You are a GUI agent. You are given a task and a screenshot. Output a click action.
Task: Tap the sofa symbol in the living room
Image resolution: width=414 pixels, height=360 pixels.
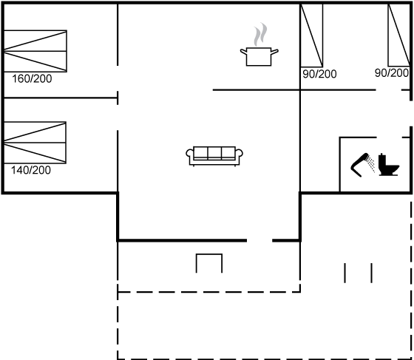click(214, 156)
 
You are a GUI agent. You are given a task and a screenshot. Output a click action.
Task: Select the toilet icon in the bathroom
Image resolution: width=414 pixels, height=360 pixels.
click(389, 165)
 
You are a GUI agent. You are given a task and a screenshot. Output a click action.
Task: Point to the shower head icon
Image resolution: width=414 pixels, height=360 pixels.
click(359, 164)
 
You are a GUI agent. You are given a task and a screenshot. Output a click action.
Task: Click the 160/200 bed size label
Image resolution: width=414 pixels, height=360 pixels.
click(32, 78)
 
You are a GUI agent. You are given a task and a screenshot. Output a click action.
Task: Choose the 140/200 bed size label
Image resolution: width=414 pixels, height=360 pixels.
click(31, 170)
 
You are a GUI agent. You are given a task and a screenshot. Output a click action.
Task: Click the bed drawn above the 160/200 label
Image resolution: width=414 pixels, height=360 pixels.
click(35, 51)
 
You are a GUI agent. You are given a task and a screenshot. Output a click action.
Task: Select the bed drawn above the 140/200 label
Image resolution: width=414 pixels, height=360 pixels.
click(35, 143)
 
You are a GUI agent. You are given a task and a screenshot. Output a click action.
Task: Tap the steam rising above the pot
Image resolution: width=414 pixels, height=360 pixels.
click(260, 34)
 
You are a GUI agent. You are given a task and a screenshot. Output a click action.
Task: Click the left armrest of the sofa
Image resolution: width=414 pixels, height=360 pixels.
click(190, 156)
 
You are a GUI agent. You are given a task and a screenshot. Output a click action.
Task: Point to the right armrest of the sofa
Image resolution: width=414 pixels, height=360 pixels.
click(239, 156)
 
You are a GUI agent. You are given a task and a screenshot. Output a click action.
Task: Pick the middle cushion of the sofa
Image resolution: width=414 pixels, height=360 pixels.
click(214, 152)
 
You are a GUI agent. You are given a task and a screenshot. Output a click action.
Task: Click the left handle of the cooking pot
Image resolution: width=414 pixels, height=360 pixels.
click(243, 52)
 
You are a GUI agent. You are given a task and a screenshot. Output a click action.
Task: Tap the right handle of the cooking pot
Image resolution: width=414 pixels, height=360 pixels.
click(274, 52)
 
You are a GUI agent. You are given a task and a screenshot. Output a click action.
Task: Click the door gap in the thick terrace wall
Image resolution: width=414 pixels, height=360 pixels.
click(259, 240)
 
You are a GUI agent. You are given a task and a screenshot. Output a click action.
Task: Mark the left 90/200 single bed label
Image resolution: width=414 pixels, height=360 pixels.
click(319, 74)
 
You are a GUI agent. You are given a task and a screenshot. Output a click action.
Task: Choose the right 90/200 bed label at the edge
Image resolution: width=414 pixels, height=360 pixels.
click(392, 73)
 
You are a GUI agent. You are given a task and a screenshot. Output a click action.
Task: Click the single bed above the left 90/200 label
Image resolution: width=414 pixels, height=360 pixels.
click(311, 35)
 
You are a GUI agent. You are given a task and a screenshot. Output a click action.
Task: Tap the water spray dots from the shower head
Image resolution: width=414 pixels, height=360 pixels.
click(371, 164)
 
